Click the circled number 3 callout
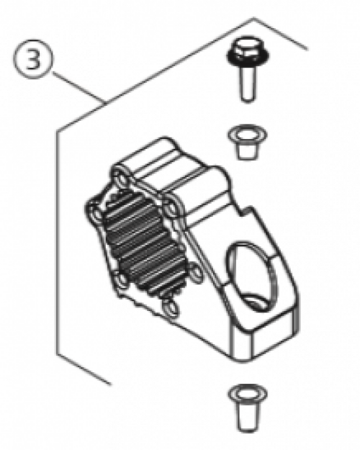(x=33, y=59)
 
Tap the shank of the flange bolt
(x=248, y=84)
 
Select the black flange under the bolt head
(x=248, y=58)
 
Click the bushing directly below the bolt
(x=248, y=142)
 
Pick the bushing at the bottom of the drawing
(x=248, y=407)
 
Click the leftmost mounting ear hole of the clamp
(x=96, y=213)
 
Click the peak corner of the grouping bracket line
(x=253, y=19)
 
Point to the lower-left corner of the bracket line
(x=58, y=354)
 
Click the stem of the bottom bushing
(x=248, y=415)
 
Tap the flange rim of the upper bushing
(x=248, y=135)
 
